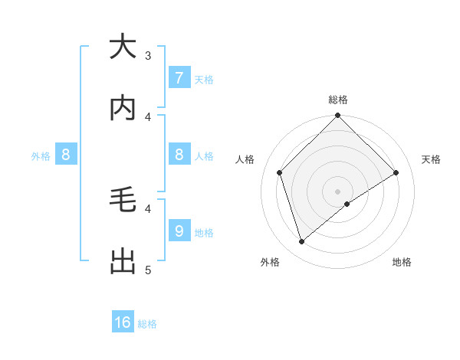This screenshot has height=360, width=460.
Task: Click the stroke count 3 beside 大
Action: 148,55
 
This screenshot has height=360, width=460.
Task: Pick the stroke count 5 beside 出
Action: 148,270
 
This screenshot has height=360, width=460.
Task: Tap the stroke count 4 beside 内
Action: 148,116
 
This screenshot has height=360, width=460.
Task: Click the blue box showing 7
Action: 179,77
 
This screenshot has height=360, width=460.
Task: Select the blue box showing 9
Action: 179,231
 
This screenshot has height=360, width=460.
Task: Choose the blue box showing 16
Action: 123,322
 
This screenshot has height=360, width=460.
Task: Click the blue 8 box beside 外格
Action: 66,155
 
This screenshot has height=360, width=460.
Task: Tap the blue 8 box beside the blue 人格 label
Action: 179,155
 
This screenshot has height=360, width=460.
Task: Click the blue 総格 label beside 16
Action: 147,324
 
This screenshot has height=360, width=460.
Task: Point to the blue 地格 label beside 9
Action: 204,232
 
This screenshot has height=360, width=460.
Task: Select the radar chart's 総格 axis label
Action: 338,100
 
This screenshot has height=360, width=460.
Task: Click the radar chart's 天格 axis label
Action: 431,159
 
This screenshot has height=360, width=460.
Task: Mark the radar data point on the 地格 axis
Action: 347,204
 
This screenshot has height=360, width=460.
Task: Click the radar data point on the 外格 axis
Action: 301,242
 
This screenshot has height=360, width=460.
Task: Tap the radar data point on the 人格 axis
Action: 280,172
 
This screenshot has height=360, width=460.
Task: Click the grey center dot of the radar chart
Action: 338,191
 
